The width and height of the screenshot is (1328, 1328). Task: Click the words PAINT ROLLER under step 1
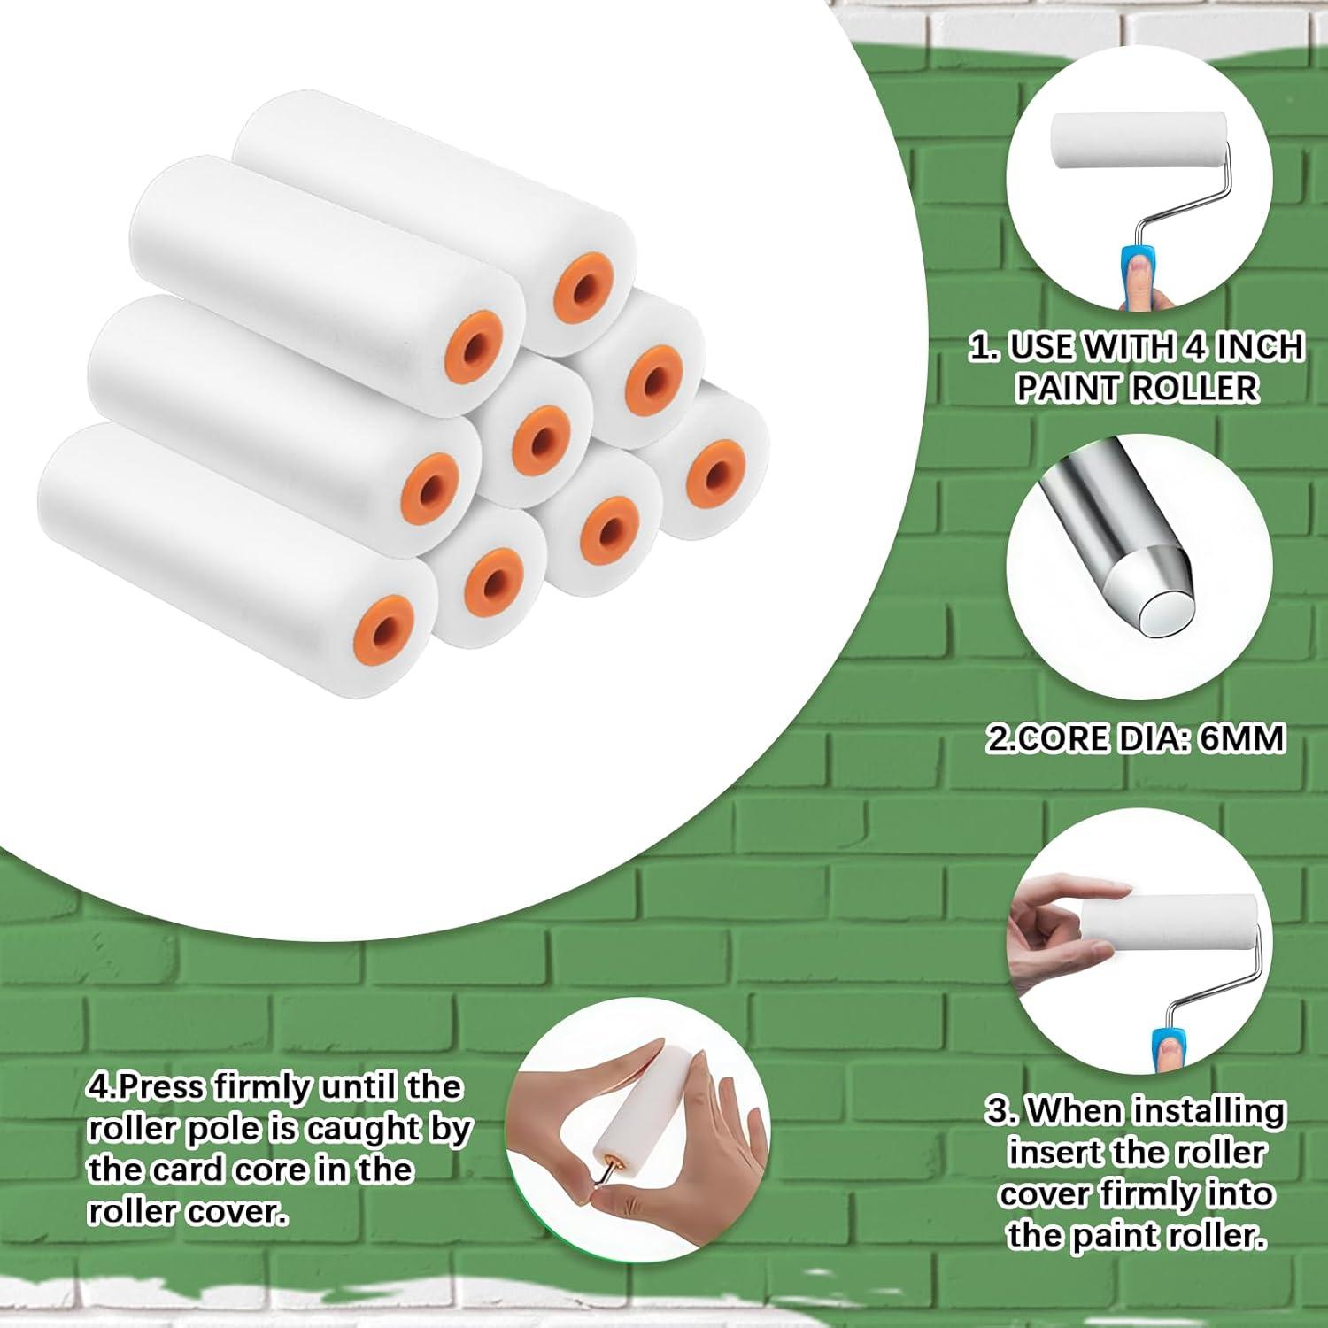[1137, 388]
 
